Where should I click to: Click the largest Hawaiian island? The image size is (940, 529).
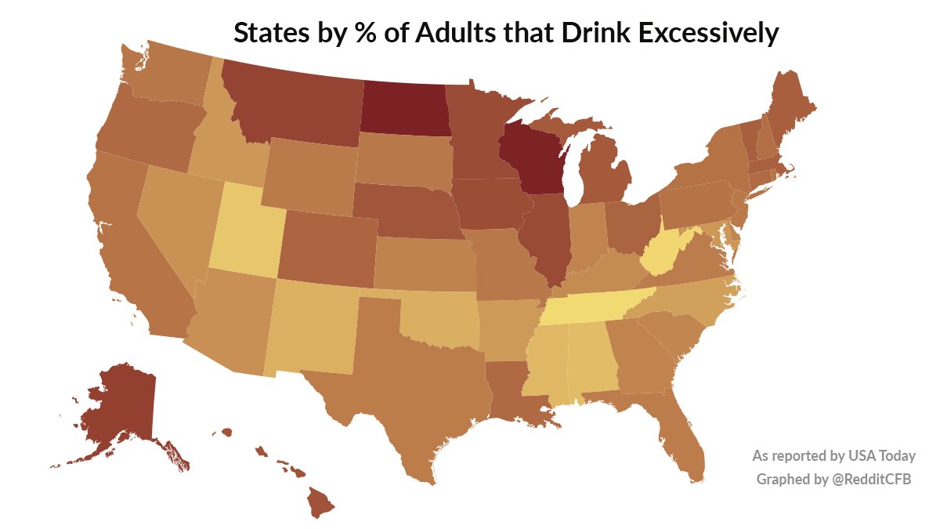(319, 502)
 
